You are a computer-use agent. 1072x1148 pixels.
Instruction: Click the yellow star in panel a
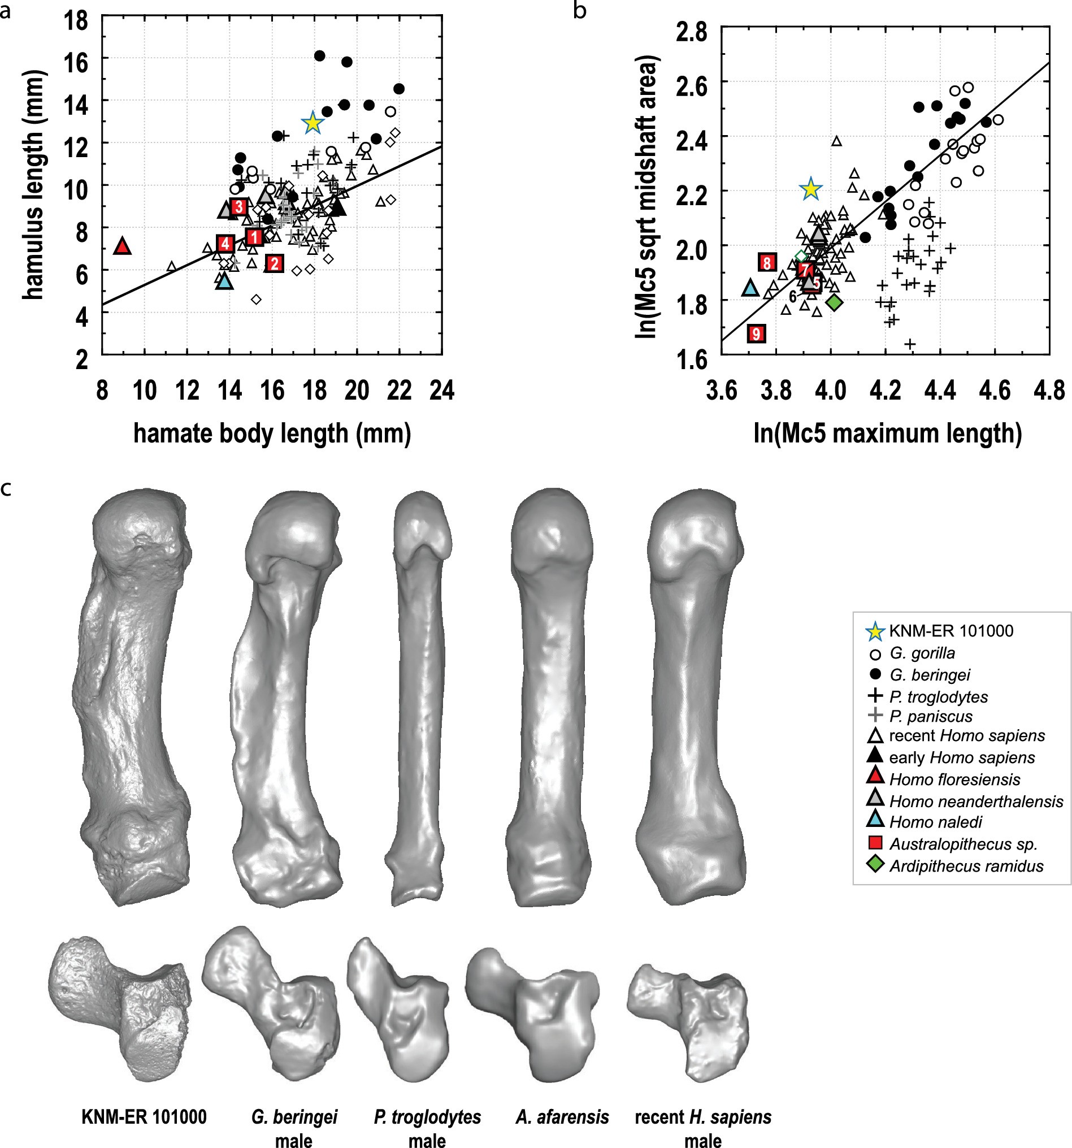313,123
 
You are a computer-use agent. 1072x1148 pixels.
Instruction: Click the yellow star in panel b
810,189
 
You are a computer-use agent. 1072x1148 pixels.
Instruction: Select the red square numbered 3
239,207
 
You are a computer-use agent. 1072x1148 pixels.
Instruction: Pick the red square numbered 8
767,263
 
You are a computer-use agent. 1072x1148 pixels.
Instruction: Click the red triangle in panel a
123,246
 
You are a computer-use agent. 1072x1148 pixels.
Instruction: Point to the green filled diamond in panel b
834,302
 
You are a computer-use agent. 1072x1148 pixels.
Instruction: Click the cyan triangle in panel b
750,288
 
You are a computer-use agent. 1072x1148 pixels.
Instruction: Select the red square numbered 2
274,263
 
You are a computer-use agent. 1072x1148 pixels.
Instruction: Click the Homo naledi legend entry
935,822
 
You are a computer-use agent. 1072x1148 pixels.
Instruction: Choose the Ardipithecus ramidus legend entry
966,865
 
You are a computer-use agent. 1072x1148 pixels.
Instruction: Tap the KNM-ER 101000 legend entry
950,631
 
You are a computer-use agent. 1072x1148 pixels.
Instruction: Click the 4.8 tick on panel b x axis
1049,391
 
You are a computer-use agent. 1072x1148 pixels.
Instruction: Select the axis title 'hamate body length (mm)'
272,433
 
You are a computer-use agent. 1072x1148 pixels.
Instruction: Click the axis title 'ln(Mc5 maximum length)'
887,433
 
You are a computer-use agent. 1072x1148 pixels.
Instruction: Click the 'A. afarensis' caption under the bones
562,1117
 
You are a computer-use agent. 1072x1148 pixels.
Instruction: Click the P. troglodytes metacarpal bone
421,693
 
